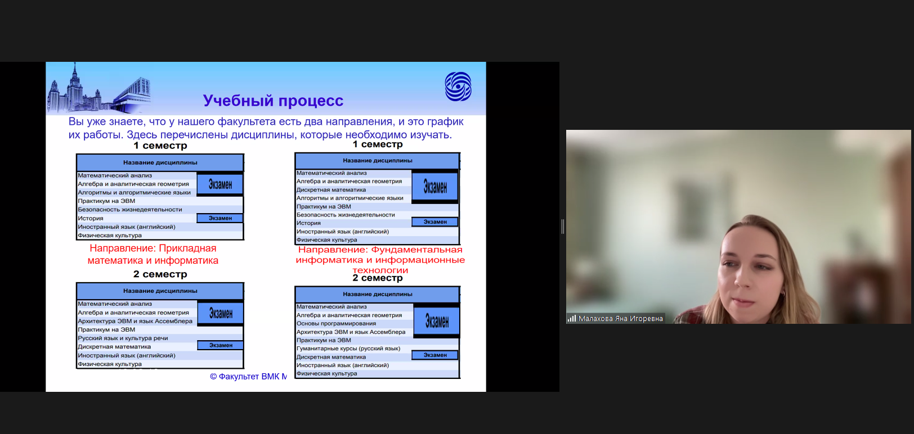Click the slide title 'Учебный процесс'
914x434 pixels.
(x=273, y=101)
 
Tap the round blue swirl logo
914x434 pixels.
(x=458, y=87)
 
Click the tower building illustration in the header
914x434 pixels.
(x=74, y=88)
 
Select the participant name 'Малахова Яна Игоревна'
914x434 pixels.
(x=620, y=318)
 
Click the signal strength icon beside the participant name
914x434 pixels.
(x=572, y=318)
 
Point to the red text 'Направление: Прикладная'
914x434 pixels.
(x=153, y=248)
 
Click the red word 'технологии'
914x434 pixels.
(x=380, y=270)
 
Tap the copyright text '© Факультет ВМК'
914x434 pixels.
(x=248, y=377)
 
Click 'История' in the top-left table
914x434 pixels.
(x=91, y=218)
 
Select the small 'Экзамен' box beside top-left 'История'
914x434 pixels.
(x=220, y=218)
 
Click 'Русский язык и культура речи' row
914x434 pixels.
(x=123, y=338)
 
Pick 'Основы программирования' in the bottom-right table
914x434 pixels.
(x=336, y=323)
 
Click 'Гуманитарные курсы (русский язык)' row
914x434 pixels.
(x=348, y=349)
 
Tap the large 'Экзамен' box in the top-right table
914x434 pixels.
(x=435, y=187)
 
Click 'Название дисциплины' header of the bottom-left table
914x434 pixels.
(x=160, y=291)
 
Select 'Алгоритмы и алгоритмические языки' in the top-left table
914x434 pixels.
(x=135, y=192)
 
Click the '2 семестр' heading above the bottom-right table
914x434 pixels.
(x=378, y=278)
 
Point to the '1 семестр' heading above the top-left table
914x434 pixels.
(x=160, y=146)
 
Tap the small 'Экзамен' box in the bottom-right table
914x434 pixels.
(x=435, y=355)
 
